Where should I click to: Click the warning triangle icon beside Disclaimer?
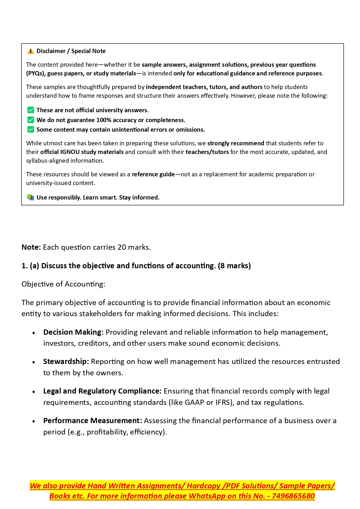[x=30, y=51]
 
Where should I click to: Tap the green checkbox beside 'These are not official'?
[x=30, y=110]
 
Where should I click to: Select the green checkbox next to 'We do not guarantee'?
[x=30, y=120]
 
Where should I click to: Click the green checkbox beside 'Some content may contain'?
[x=30, y=130]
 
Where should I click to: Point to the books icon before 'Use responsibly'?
[x=30, y=198]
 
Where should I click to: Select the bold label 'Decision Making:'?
[x=73, y=332]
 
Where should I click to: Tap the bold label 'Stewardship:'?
[x=66, y=362]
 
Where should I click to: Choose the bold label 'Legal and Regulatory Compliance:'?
[x=102, y=391]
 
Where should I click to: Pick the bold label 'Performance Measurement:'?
[x=93, y=421]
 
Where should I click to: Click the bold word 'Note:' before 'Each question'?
[x=31, y=247]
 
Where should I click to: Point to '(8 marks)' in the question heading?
[x=234, y=266]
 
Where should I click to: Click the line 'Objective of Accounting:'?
[x=63, y=284]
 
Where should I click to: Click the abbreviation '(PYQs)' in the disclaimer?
[x=36, y=73]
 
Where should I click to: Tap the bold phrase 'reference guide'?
[x=153, y=174]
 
